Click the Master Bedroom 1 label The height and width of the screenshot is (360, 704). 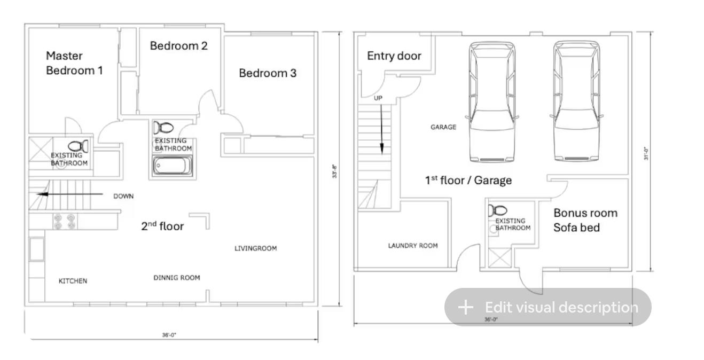[x=74, y=63]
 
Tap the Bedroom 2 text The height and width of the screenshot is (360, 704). [x=178, y=46]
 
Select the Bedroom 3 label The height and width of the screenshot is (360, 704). [x=267, y=73]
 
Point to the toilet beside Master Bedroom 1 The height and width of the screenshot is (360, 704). [x=79, y=146]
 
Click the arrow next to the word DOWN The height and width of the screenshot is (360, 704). [x=69, y=194]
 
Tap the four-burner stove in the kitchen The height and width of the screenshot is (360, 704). [x=64, y=221]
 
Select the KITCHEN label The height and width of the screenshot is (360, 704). [x=73, y=281]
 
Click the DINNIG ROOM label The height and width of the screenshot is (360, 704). [x=177, y=278]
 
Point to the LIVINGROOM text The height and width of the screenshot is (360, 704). [x=255, y=248]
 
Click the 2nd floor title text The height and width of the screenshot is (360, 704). [x=162, y=226]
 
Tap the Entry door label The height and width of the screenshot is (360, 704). [x=394, y=56]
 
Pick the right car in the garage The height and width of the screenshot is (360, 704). [x=576, y=101]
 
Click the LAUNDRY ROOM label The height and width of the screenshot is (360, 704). [x=412, y=246]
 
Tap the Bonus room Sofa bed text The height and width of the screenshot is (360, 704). [x=585, y=220]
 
